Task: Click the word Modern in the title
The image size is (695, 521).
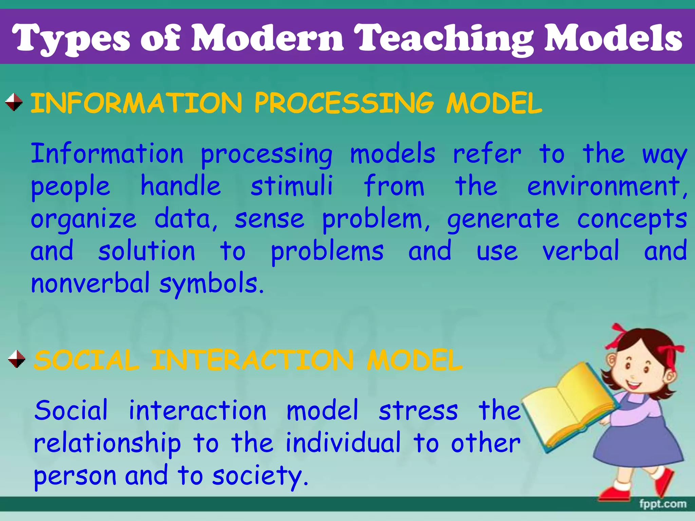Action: (x=268, y=38)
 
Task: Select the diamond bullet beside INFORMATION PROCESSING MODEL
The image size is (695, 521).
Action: (x=14, y=102)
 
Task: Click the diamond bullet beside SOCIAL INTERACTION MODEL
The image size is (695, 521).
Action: (x=17, y=359)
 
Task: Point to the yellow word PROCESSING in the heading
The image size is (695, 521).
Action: (x=344, y=103)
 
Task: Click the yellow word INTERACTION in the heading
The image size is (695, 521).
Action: (x=252, y=360)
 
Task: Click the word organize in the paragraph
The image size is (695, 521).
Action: (x=83, y=220)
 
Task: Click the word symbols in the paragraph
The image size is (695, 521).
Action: (x=211, y=284)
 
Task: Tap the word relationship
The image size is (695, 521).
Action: (x=107, y=444)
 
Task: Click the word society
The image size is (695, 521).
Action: (x=259, y=476)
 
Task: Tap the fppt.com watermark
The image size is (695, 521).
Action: (x=662, y=504)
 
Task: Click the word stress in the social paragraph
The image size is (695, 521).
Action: (x=418, y=410)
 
